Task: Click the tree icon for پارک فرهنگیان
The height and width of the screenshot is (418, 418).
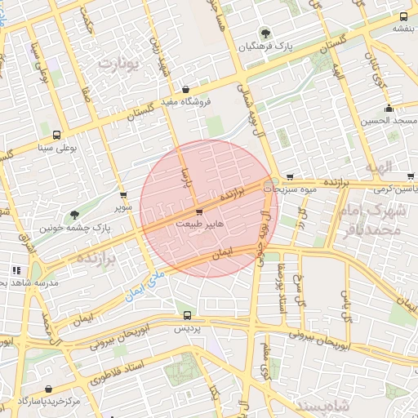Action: point(265,33)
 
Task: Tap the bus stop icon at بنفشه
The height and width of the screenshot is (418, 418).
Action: point(403,16)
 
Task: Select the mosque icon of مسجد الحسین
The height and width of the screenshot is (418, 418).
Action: point(389,109)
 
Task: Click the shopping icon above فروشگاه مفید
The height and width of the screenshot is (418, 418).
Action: point(186,90)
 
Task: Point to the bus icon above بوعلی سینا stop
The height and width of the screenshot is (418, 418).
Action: point(56,136)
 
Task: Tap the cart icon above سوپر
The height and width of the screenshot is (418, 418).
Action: point(123,196)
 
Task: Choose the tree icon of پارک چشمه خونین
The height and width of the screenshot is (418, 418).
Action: point(74,215)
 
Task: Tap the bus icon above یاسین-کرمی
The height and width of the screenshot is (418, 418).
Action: point(410,176)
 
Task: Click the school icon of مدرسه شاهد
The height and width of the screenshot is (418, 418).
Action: point(16,270)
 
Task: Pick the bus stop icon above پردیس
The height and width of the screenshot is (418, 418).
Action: point(188,315)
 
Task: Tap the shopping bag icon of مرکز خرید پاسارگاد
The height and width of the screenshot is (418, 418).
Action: point(51,389)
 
